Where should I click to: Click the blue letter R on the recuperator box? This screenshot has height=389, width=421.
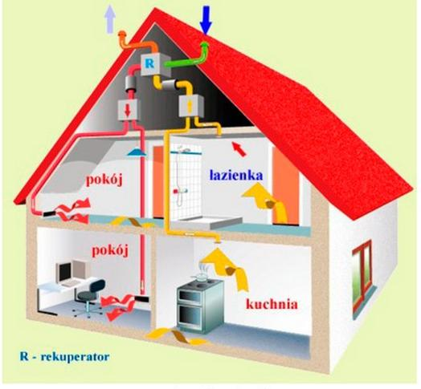[x=149, y=64]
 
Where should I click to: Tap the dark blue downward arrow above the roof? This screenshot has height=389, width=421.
[x=206, y=21]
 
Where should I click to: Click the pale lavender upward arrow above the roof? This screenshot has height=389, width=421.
[x=110, y=19]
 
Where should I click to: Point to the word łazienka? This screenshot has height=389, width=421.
[x=236, y=176]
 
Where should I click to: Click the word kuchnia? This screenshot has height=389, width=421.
[x=272, y=305]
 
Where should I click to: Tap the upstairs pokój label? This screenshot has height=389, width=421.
[x=104, y=180]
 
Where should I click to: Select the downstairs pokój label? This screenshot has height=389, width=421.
[x=110, y=251]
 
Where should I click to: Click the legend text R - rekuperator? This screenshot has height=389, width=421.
[x=64, y=357]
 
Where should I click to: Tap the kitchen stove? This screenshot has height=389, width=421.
[x=200, y=305]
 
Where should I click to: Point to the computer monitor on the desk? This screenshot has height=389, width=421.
[x=64, y=271]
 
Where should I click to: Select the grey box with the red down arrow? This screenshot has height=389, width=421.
[x=128, y=110]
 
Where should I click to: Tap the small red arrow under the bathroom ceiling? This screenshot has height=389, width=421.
[x=239, y=149]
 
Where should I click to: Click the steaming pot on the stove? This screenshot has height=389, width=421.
[x=202, y=276]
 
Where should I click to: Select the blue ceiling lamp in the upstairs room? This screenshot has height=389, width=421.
[x=137, y=152]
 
